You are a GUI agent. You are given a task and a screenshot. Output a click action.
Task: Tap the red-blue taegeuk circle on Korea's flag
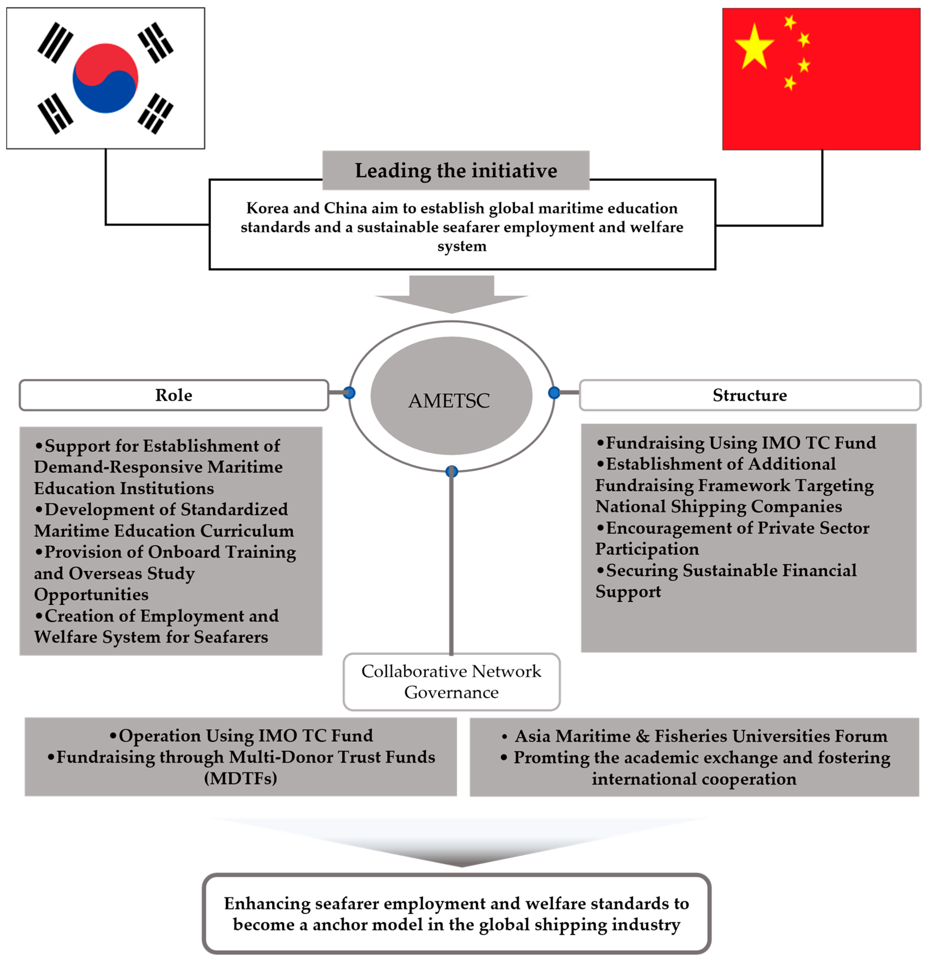tap(106, 78)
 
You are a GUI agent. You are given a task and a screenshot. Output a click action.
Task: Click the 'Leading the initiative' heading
tap(456, 170)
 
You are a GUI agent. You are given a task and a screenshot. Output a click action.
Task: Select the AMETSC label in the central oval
tap(449, 401)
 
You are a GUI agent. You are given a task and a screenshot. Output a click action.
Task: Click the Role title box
tap(173, 395)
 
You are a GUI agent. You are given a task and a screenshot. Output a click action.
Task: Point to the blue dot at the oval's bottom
tap(452, 471)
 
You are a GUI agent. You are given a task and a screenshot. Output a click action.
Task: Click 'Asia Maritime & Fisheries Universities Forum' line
tap(701, 736)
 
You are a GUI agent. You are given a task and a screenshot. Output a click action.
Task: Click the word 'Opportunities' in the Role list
tap(91, 595)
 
